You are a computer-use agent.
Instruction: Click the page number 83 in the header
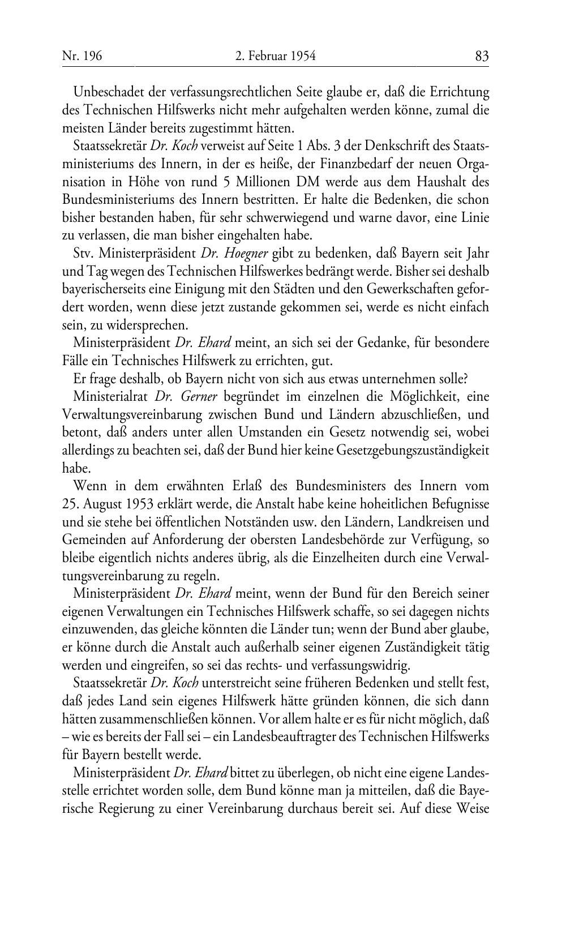[x=482, y=55]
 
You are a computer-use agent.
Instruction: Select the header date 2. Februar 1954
[x=275, y=55]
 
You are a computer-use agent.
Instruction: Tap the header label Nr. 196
[x=82, y=55]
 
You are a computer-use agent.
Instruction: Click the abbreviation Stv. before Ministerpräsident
[x=84, y=254]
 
